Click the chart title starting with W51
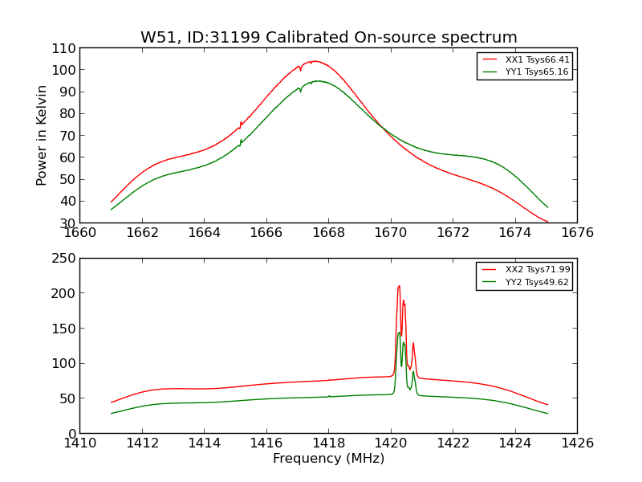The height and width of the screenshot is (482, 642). click(x=329, y=38)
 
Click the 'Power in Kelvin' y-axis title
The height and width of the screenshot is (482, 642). click(x=42, y=135)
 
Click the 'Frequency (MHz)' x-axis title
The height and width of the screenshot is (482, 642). click(x=328, y=459)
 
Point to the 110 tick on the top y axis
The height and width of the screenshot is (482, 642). click(x=64, y=48)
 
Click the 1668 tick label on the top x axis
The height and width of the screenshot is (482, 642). click(x=328, y=233)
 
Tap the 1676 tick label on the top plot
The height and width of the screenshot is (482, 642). click(x=577, y=233)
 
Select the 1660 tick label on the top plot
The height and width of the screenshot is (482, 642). click(x=79, y=233)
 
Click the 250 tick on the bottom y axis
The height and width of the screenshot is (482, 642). click(x=64, y=259)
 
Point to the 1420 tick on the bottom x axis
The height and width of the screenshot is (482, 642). click(x=391, y=443)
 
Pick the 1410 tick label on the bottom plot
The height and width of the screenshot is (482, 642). click(x=79, y=443)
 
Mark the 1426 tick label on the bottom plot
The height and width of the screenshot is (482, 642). click(x=577, y=443)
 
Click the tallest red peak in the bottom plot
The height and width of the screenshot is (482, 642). click(x=399, y=286)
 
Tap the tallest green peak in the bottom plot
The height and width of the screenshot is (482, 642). click(x=399, y=333)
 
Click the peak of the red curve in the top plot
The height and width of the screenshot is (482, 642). click(x=315, y=61)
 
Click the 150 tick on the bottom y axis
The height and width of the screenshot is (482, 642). click(x=64, y=329)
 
